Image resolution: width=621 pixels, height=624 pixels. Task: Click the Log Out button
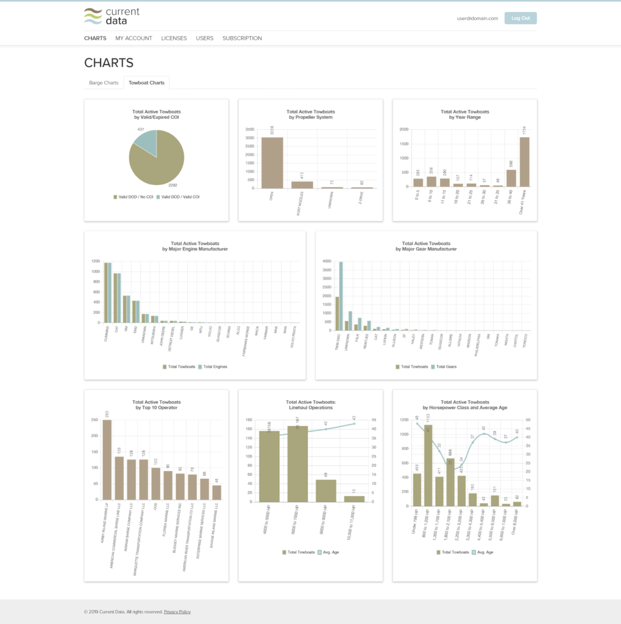(520, 18)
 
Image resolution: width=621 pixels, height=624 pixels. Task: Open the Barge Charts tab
(104, 83)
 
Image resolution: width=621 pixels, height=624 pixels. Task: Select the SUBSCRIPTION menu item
(242, 38)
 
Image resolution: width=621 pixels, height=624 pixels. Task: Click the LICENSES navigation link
(174, 38)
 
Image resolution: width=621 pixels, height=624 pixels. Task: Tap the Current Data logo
(112, 16)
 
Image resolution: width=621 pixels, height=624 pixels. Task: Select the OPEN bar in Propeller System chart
(272, 163)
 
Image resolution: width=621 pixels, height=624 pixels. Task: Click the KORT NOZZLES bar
(302, 185)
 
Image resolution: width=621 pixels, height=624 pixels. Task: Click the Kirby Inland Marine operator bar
(107, 459)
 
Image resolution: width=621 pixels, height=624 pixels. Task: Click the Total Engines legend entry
(213, 367)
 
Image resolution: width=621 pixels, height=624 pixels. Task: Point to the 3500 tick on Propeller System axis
(250, 130)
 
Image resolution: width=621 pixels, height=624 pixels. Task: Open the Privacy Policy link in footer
(177, 612)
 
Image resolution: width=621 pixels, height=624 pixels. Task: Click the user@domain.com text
(477, 18)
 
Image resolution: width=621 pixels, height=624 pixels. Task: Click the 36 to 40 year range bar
(511, 178)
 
